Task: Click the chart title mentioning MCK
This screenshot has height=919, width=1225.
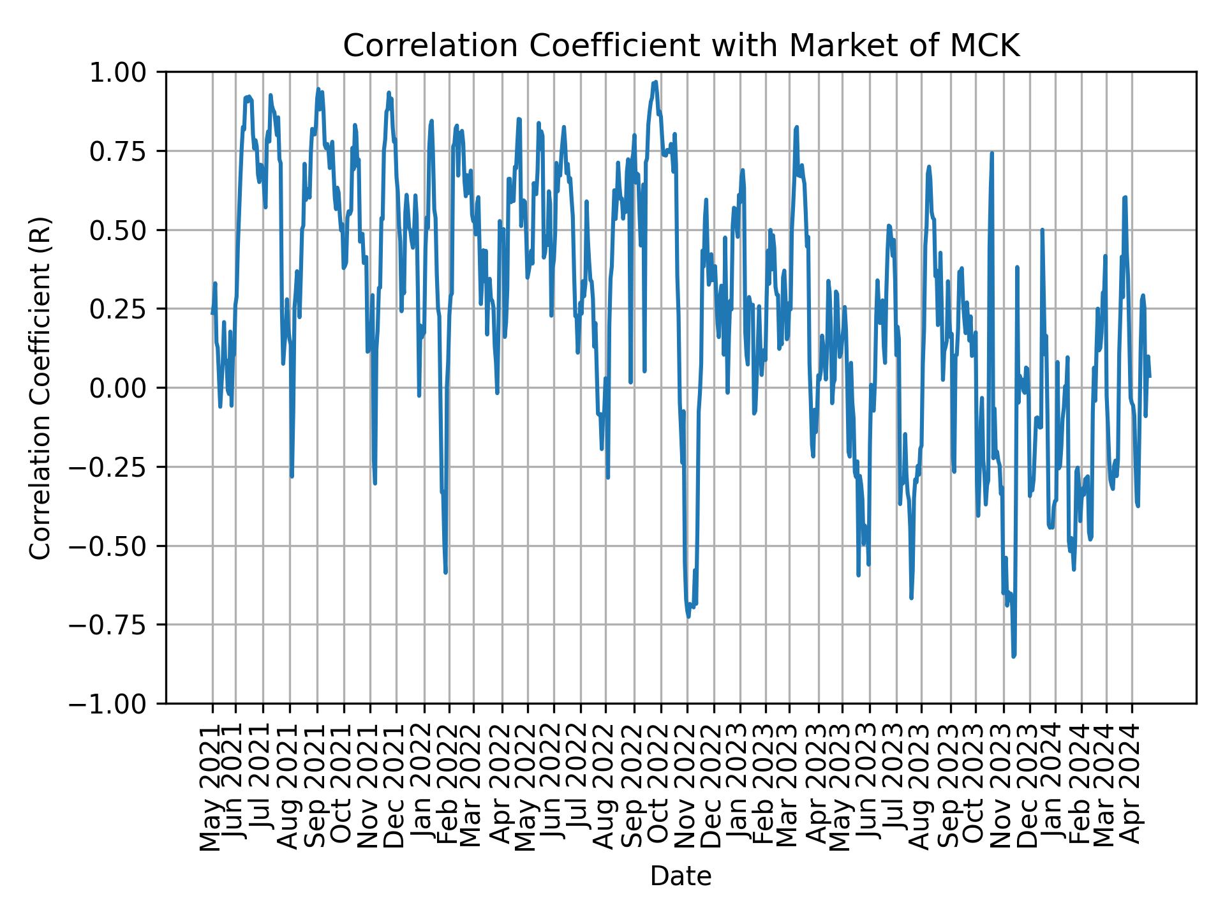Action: pos(681,46)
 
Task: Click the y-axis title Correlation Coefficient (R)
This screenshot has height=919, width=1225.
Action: pos(40,387)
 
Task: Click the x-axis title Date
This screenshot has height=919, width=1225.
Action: pos(680,876)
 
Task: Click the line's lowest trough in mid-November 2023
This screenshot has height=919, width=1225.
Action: pos(1013,655)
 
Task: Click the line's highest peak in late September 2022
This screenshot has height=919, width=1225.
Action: pos(655,82)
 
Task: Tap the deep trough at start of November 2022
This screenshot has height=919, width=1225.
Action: pos(688,616)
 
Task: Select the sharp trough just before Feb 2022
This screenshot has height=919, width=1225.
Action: pos(445,572)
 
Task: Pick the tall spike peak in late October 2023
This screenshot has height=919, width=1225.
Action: pos(992,153)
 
